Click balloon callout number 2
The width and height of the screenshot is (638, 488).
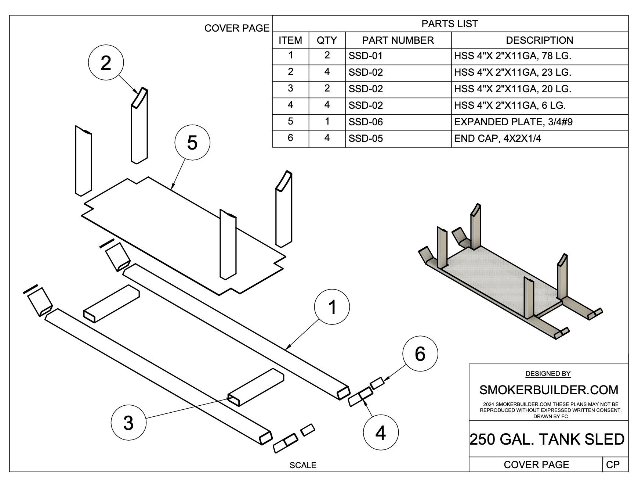coord(106,63)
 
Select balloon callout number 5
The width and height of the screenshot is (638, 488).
coord(192,142)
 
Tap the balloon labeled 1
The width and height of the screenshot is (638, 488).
coord(332,307)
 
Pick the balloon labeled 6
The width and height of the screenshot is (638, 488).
coord(420,354)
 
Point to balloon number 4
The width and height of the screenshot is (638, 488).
coord(381,433)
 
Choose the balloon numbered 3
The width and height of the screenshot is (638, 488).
coord(128,423)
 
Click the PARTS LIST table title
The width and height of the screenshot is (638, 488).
coord(450,24)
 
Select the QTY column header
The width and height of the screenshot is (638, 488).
coord(327,40)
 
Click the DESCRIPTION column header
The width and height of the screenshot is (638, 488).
coord(539,40)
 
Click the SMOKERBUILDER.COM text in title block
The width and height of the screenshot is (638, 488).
coord(548,390)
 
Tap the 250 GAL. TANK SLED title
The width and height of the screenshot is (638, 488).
coord(547,439)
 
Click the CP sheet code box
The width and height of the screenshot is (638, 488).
coord(613,465)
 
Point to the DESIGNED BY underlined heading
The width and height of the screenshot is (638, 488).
coord(548,374)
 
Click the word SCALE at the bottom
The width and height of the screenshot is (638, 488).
coord(303,465)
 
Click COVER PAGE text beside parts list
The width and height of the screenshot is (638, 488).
coord(237,28)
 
